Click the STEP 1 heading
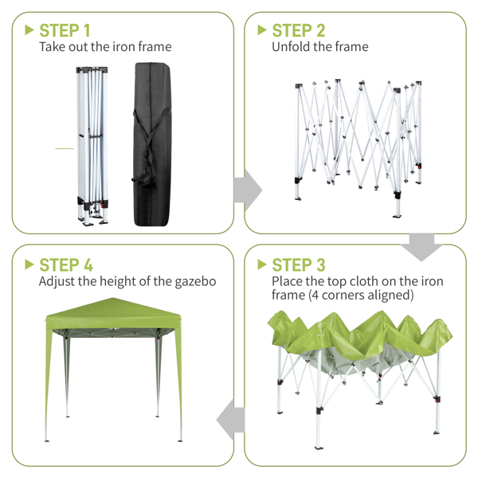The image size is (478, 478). pyautogui.click(x=65, y=30)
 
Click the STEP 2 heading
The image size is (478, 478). pyautogui.click(x=299, y=30)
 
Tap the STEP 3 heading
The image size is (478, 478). pyautogui.click(x=299, y=264)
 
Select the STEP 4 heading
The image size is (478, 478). pyautogui.click(x=66, y=264)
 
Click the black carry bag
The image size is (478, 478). pyautogui.click(x=152, y=144)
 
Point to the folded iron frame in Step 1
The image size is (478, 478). pyautogui.click(x=92, y=147)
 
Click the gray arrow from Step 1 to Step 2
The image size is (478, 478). pyautogui.click(x=248, y=190)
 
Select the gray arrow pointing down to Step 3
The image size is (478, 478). pyautogui.click(x=421, y=247)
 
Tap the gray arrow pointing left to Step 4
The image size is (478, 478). pyautogui.click(x=230, y=420)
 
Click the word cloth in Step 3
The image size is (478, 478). pyautogui.click(x=364, y=281)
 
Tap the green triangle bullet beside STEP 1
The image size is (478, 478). pyautogui.click(x=29, y=30)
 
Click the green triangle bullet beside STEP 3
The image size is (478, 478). pyautogui.click(x=262, y=264)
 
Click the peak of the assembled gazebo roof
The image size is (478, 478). pyautogui.click(x=113, y=298)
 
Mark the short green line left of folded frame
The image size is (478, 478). pyautogui.click(x=65, y=148)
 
